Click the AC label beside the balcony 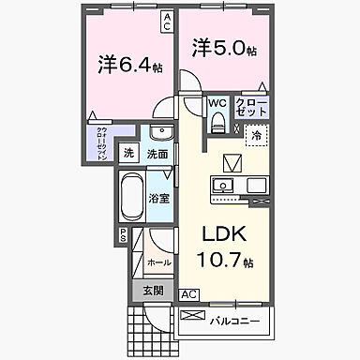point(188,292)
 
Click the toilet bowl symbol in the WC point(217,123)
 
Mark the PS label point(122,236)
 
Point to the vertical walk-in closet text point(100,143)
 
